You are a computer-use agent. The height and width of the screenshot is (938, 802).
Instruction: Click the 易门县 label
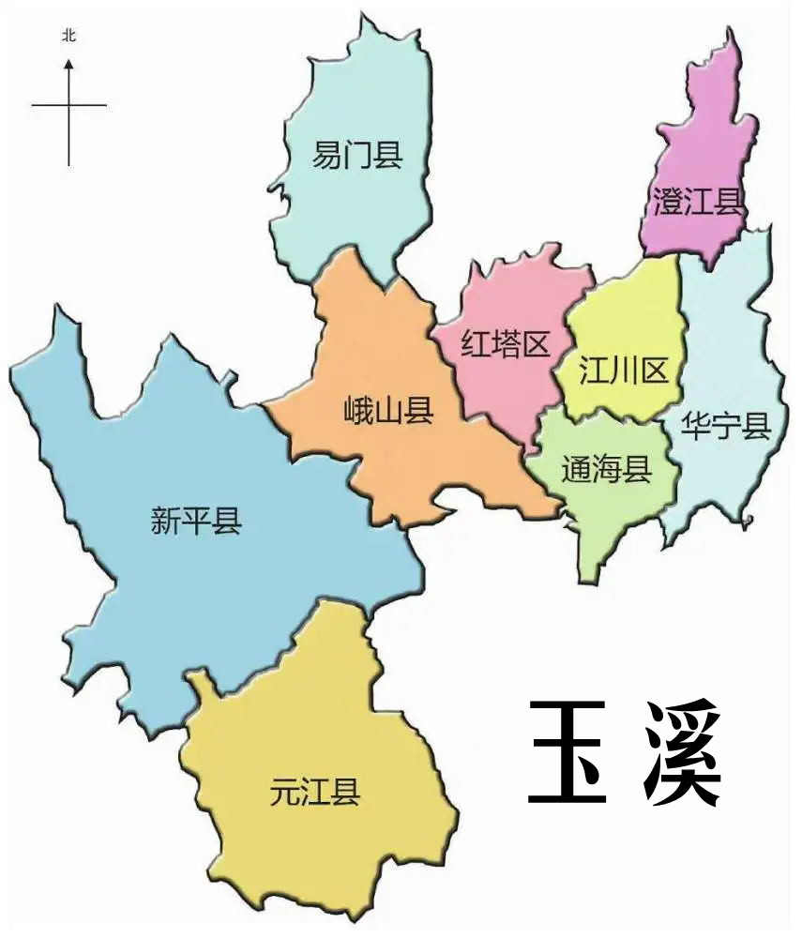click(357, 155)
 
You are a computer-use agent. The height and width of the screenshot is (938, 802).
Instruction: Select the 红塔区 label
click(505, 345)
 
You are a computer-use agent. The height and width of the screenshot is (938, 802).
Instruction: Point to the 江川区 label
click(624, 371)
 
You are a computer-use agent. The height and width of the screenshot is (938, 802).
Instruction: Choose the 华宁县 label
click(726, 427)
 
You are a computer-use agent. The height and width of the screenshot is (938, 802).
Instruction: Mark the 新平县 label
click(196, 520)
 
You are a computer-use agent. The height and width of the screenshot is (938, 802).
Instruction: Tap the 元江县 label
click(315, 793)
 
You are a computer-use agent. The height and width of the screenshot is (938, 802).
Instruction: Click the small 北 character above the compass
click(68, 36)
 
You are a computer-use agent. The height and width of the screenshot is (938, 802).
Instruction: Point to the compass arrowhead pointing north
click(68, 65)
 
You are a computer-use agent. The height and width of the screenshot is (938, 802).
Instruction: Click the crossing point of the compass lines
click(68, 105)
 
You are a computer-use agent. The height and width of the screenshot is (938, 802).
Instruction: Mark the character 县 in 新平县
click(227, 520)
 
